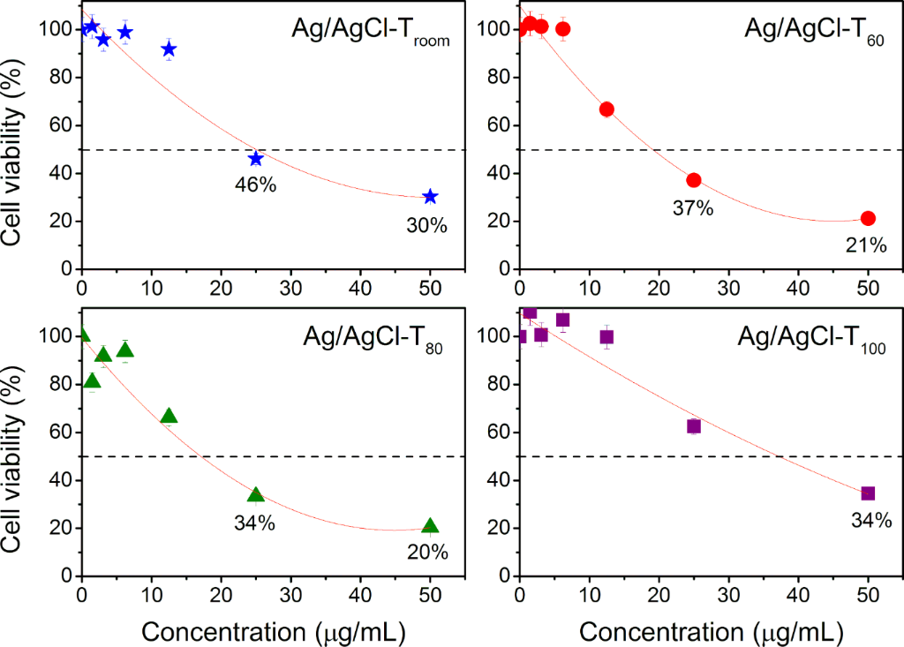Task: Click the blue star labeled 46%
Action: [x=256, y=159]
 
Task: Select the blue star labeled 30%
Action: [x=430, y=196]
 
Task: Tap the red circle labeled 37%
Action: [x=693, y=180]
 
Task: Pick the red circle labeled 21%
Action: [x=868, y=218]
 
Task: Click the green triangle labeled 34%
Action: [x=256, y=495]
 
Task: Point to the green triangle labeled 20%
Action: [x=430, y=526]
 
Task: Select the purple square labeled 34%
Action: [x=868, y=493]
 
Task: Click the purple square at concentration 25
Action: [x=693, y=426]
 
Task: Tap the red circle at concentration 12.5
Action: [x=606, y=109]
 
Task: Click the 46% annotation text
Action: [x=253, y=186]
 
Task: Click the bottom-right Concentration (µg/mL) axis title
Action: [x=712, y=632]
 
